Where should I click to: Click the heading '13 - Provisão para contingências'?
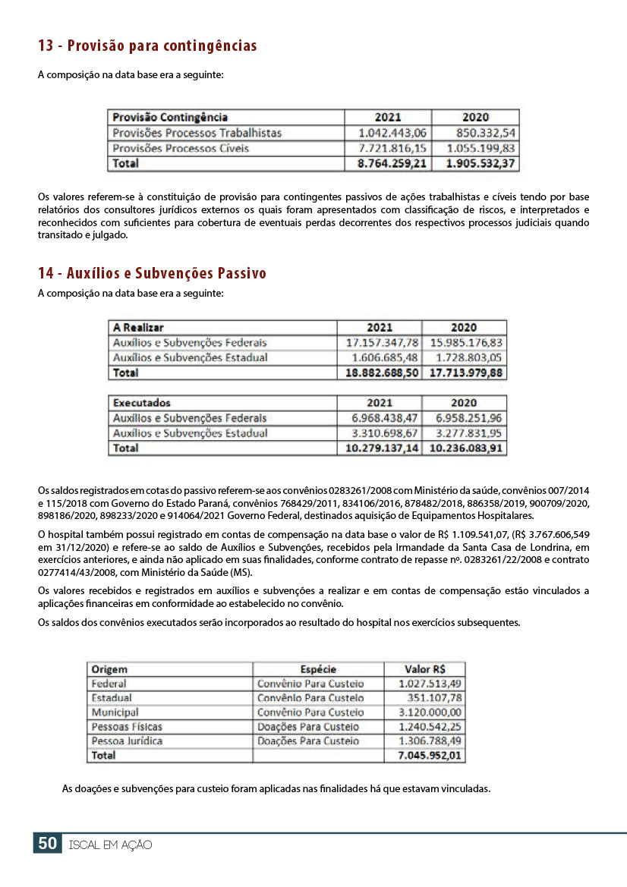(147, 46)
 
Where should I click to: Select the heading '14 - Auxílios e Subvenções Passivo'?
(152, 273)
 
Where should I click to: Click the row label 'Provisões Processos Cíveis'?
(181, 148)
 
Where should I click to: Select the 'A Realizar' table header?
(138, 328)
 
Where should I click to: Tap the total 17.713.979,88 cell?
(465, 373)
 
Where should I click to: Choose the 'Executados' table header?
(142, 403)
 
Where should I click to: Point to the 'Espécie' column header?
(318, 669)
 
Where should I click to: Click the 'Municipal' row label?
(115, 712)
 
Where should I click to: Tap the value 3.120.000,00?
(430, 712)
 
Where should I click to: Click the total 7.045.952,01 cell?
(430, 756)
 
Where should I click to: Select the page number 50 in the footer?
(47, 844)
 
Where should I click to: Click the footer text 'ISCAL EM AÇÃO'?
(110, 845)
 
